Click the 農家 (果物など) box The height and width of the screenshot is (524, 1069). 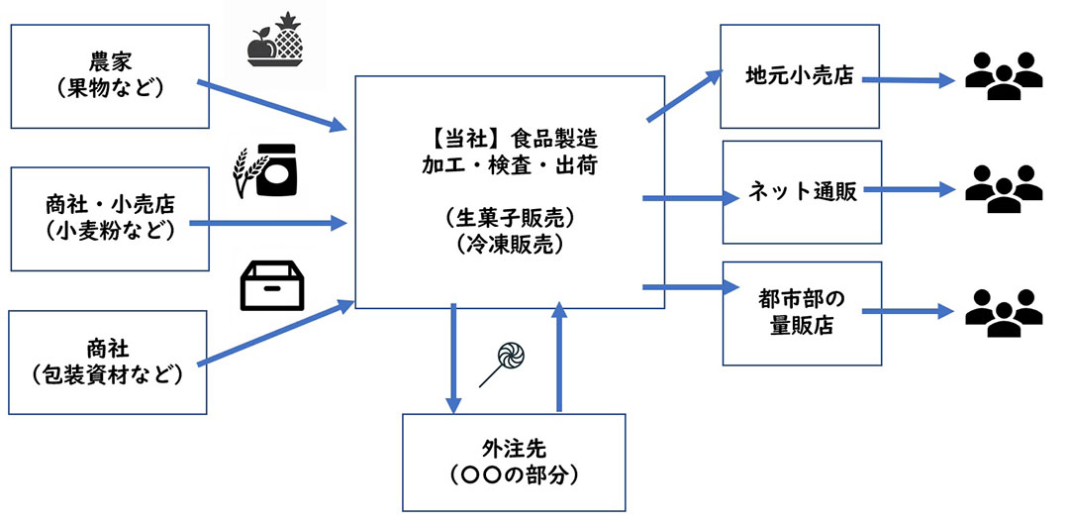pos(110,76)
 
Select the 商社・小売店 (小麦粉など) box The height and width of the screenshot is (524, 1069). pos(110,220)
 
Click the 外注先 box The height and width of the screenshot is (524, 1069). pos(514,461)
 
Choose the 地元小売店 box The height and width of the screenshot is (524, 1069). pos(800,76)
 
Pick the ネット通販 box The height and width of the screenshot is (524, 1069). pos(801,192)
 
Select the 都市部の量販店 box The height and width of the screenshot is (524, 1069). pos(801,313)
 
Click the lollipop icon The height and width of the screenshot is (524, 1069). pos(504,363)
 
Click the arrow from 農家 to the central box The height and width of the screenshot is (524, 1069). pos(272,106)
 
